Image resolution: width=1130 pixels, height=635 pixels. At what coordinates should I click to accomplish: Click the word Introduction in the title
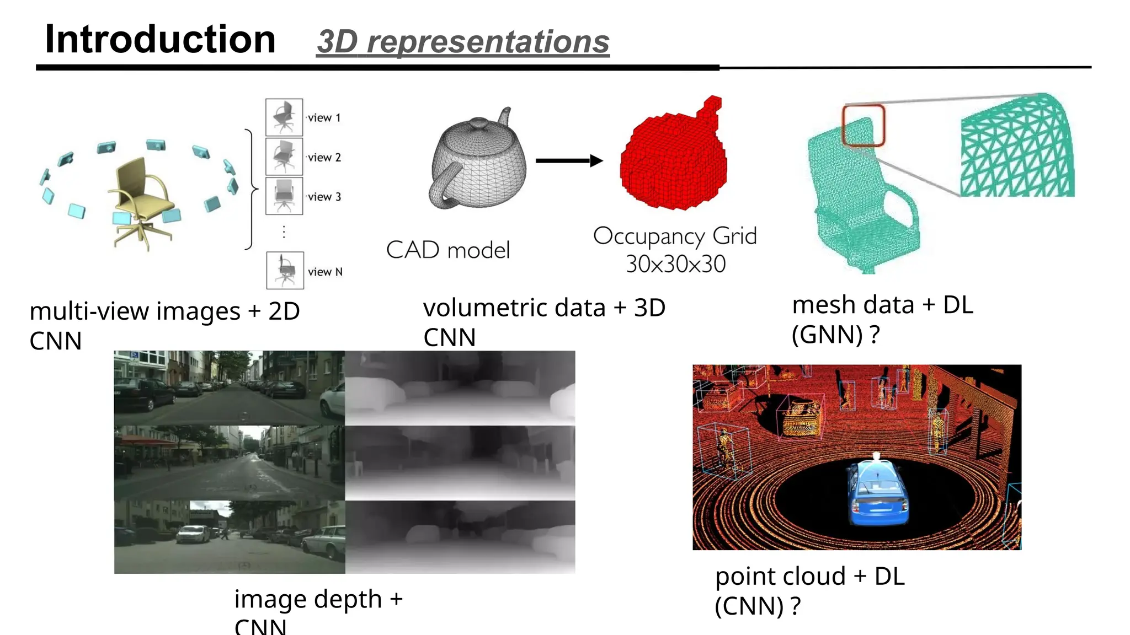(x=160, y=40)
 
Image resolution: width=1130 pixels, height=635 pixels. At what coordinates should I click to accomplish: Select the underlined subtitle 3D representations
(x=463, y=42)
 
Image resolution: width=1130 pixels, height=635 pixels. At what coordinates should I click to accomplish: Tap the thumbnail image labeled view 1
(x=284, y=117)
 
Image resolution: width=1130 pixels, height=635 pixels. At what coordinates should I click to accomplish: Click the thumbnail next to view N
(x=285, y=270)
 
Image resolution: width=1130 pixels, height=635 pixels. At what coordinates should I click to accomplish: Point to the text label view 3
(x=324, y=197)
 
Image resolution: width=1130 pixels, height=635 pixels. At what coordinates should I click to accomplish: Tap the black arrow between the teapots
(x=568, y=161)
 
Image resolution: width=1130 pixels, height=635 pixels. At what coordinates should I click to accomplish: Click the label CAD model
(x=447, y=250)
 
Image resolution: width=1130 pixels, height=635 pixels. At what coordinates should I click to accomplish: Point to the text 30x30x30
(x=675, y=264)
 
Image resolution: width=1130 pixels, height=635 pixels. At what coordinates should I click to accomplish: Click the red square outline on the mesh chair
(x=863, y=126)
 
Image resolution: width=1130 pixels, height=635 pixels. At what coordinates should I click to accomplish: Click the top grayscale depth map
(x=460, y=388)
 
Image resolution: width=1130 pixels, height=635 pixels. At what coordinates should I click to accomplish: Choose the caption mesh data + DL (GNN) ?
(x=882, y=320)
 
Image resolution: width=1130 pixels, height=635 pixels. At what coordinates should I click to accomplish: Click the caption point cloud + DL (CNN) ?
(x=809, y=591)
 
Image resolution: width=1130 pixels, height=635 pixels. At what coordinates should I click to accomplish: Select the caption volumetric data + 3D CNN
(x=543, y=322)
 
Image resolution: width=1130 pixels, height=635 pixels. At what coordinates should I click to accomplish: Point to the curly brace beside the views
(x=251, y=190)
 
